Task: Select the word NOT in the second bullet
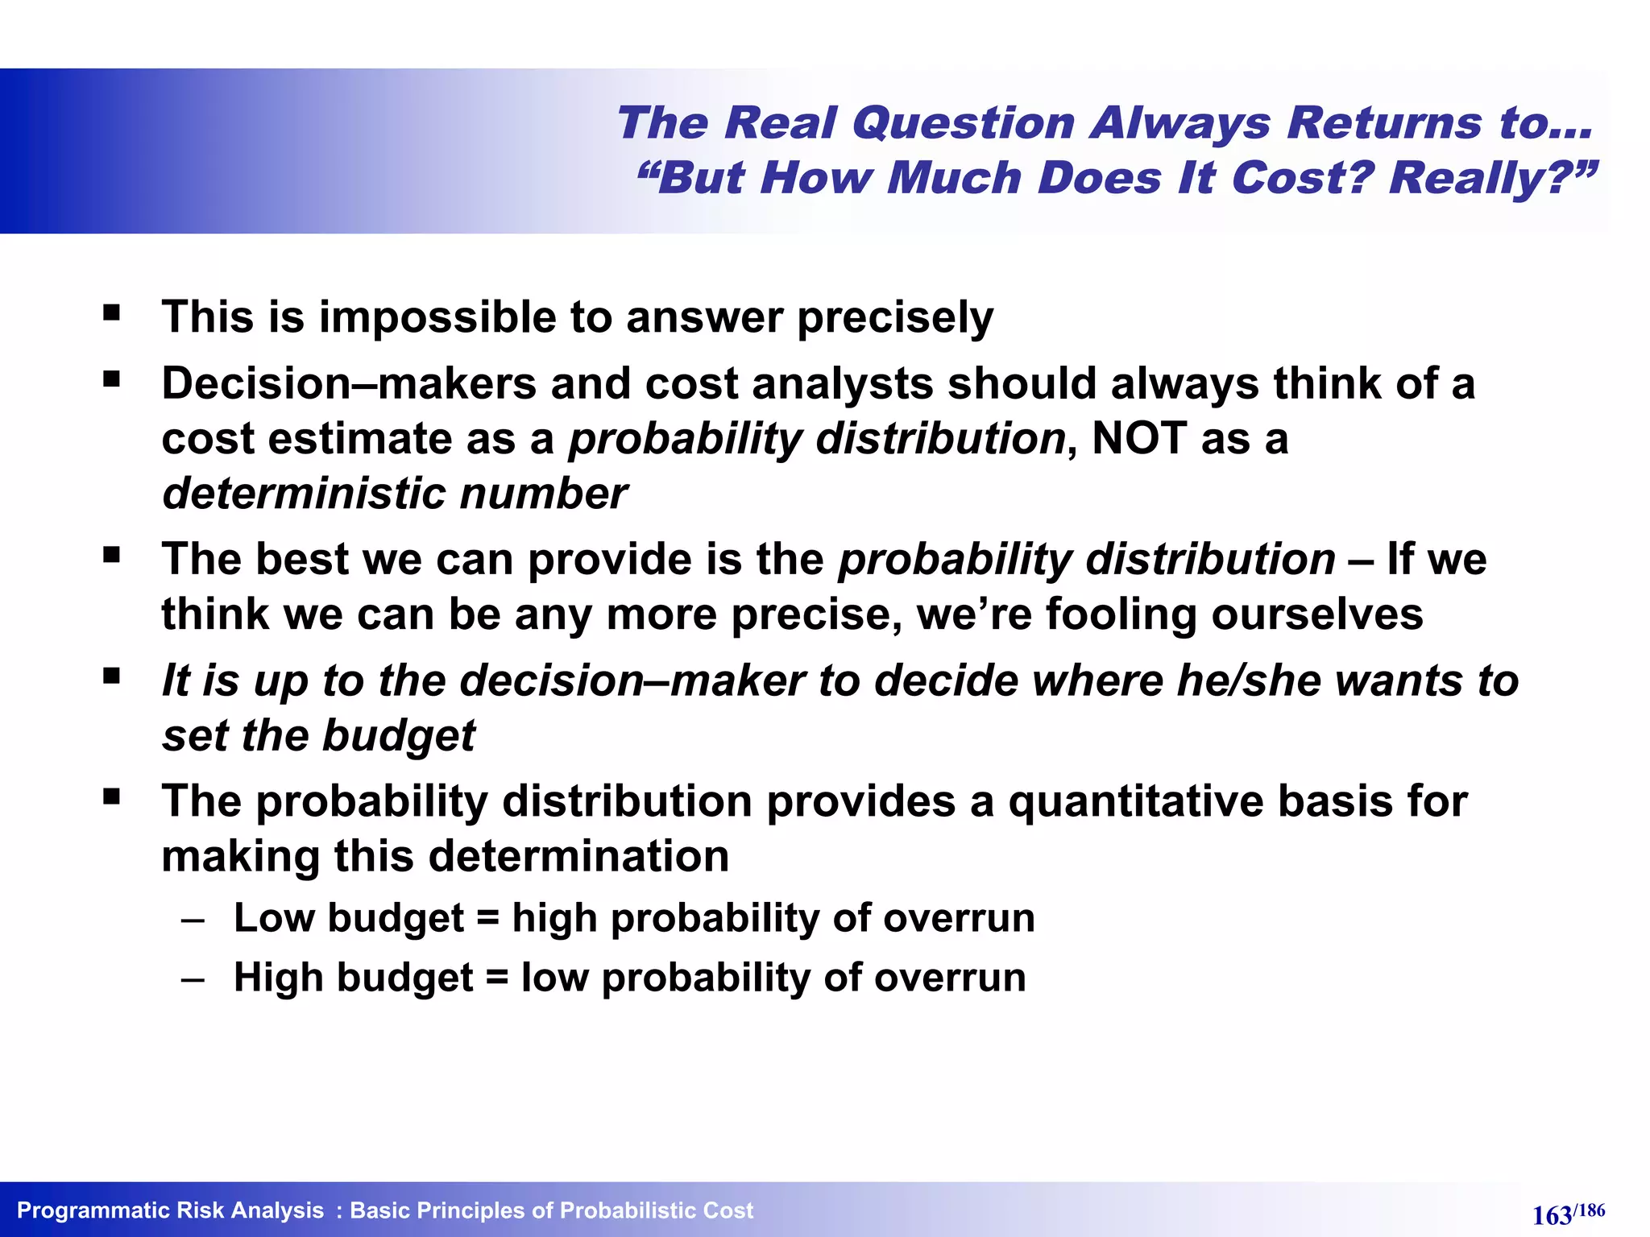pyautogui.click(x=1138, y=439)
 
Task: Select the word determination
pyautogui.click(x=578, y=856)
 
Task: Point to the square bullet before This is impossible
pyautogui.click(x=111, y=312)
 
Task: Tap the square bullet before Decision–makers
pyautogui.click(x=111, y=378)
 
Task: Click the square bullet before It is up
pyautogui.click(x=111, y=675)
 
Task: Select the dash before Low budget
pyautogui.click(x=193, y=920)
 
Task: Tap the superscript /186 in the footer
pyautogui.click(x=1590, y=1210)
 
